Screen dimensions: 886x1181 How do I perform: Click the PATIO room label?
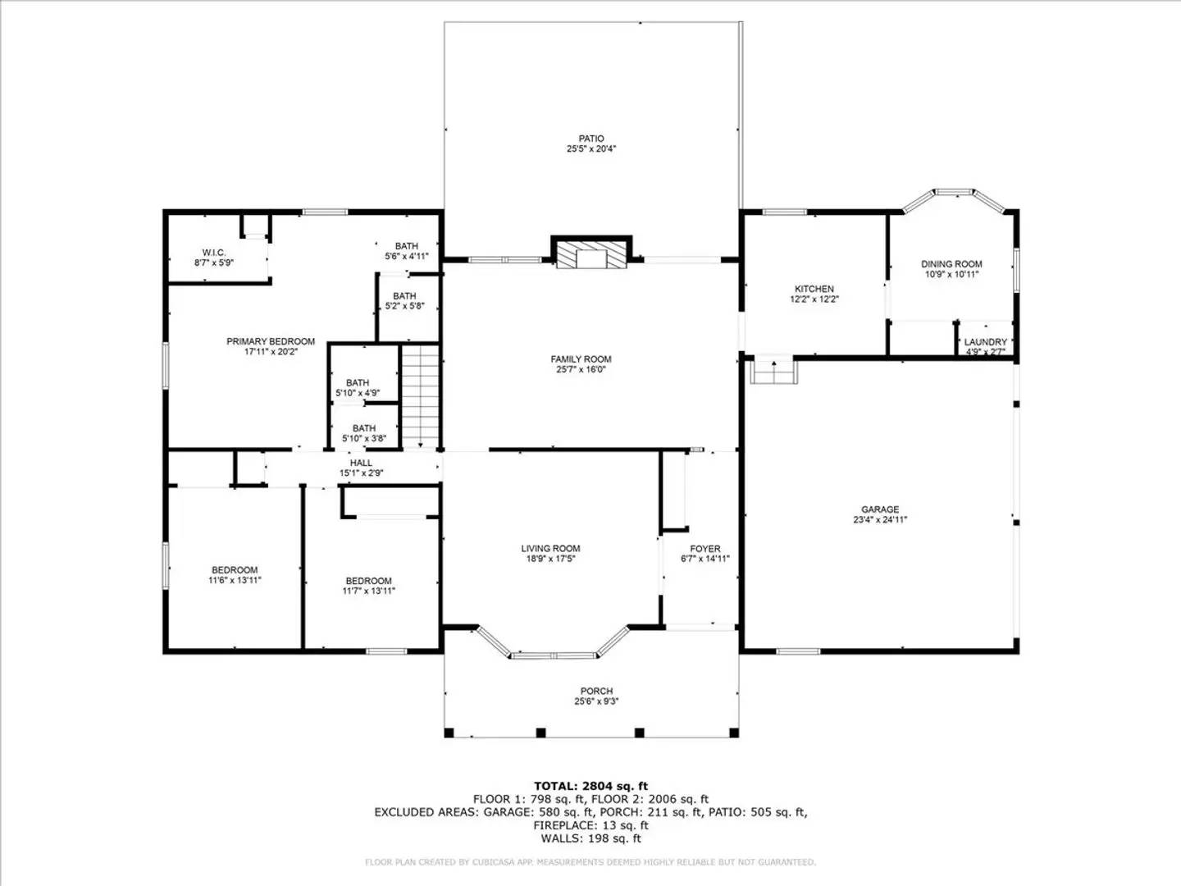pos(590,139)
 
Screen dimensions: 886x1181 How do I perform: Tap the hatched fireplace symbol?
pos(590,253)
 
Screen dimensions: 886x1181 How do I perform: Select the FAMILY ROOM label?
pos(581,359)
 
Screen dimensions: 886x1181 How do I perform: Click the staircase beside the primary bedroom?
pos(421,396)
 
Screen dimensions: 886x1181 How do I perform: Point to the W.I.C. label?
pos(214,253)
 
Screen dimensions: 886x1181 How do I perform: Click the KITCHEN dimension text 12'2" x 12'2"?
pos(814,299)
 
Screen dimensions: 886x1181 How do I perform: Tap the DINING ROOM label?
pos(951,264)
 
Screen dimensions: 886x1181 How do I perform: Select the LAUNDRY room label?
pos(985,342)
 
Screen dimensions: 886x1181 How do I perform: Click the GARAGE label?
pos(880,509)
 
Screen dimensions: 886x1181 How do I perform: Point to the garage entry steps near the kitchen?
pos(774,371)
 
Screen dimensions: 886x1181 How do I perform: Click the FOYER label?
pos(705,549)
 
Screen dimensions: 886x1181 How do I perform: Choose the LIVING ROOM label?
pos(550,549)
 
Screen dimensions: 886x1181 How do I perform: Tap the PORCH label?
pos(596,692)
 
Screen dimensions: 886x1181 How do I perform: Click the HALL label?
pos(361,464)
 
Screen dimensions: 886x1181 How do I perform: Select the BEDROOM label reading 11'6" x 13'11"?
pos(235,570)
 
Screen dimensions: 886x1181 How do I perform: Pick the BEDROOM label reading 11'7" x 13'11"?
pos(368,581)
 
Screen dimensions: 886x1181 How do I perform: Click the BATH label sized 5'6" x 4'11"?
pos(406,246)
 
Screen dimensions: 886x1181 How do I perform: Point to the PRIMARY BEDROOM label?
pos(271,341)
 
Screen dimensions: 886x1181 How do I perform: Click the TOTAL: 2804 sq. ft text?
pos(590,786)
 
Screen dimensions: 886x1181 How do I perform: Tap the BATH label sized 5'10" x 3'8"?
pos(364,428)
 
